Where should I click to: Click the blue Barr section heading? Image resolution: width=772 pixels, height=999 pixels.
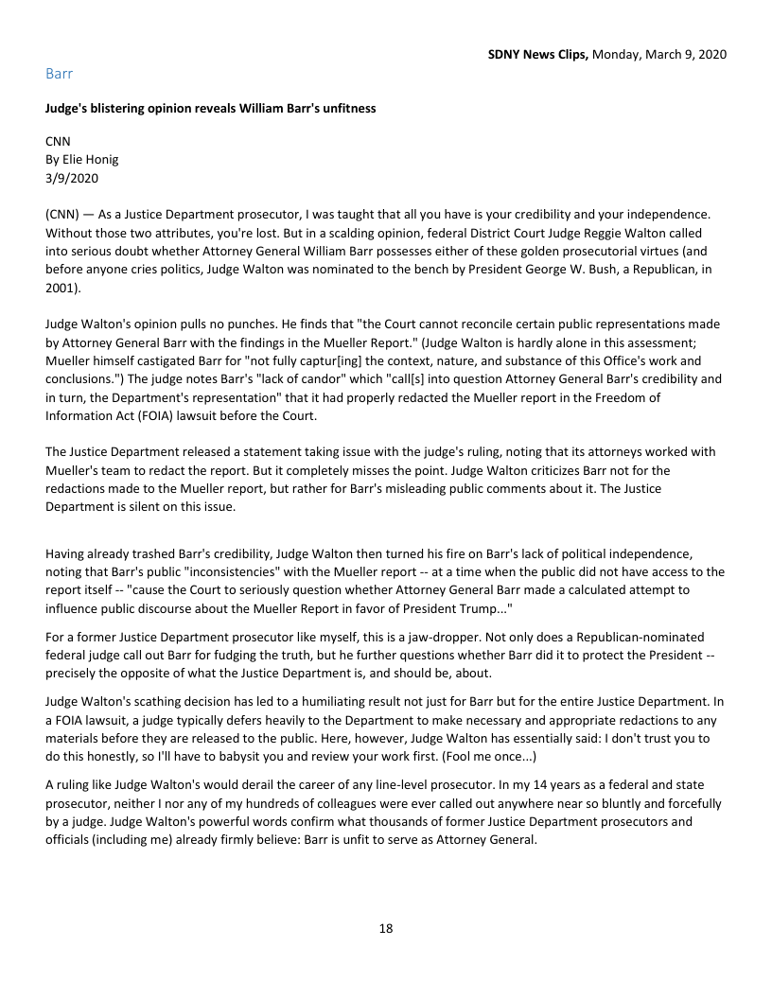[59, 73]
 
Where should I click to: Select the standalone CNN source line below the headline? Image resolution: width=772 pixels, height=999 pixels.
[58, 141]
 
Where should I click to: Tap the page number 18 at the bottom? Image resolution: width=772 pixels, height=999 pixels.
[386, 928]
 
